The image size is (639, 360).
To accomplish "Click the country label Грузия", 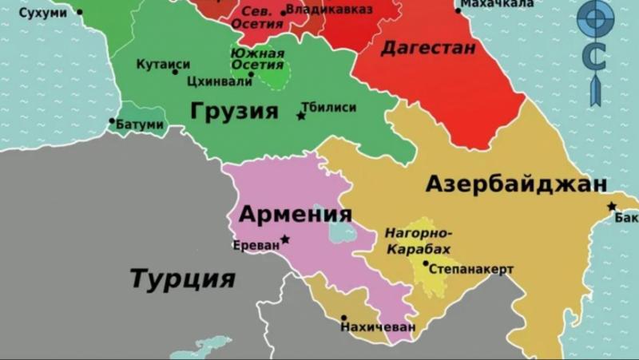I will pos(234,111).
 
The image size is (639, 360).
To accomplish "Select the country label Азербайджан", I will pos(516,184).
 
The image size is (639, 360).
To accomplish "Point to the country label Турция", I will pos(182,279).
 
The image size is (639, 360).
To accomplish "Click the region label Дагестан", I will pos(428,48).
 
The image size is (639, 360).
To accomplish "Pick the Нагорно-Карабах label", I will pos(419,241).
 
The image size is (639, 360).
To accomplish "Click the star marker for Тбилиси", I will pos(301,116).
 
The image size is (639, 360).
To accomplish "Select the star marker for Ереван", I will pos(285,239).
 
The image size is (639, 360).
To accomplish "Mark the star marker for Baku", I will pos(612,206).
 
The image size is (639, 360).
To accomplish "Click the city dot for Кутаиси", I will pos(175,72).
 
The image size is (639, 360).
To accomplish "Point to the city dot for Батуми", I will pos(113,121).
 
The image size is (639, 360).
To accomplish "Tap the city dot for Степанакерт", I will pos(426,263).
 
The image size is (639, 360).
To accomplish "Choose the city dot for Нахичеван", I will pos(343,317).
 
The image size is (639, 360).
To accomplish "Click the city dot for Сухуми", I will pos(80,13).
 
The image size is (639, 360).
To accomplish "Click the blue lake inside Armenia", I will pos(339,227).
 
